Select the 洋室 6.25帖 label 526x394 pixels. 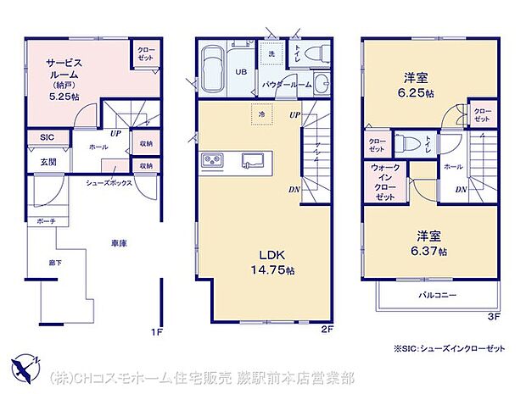click(417, 86)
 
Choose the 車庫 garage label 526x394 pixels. click(118, 243)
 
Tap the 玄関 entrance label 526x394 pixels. click(48, 162)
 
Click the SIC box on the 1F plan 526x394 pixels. click(46, 137)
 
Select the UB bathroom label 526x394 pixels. click(242, 73)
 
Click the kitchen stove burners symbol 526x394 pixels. click(212, 161)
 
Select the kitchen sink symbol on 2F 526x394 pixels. click(254, 160)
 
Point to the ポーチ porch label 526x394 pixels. click(46, 221)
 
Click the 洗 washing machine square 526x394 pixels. click(271, 55)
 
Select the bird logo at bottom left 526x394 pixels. click(26, 367)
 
